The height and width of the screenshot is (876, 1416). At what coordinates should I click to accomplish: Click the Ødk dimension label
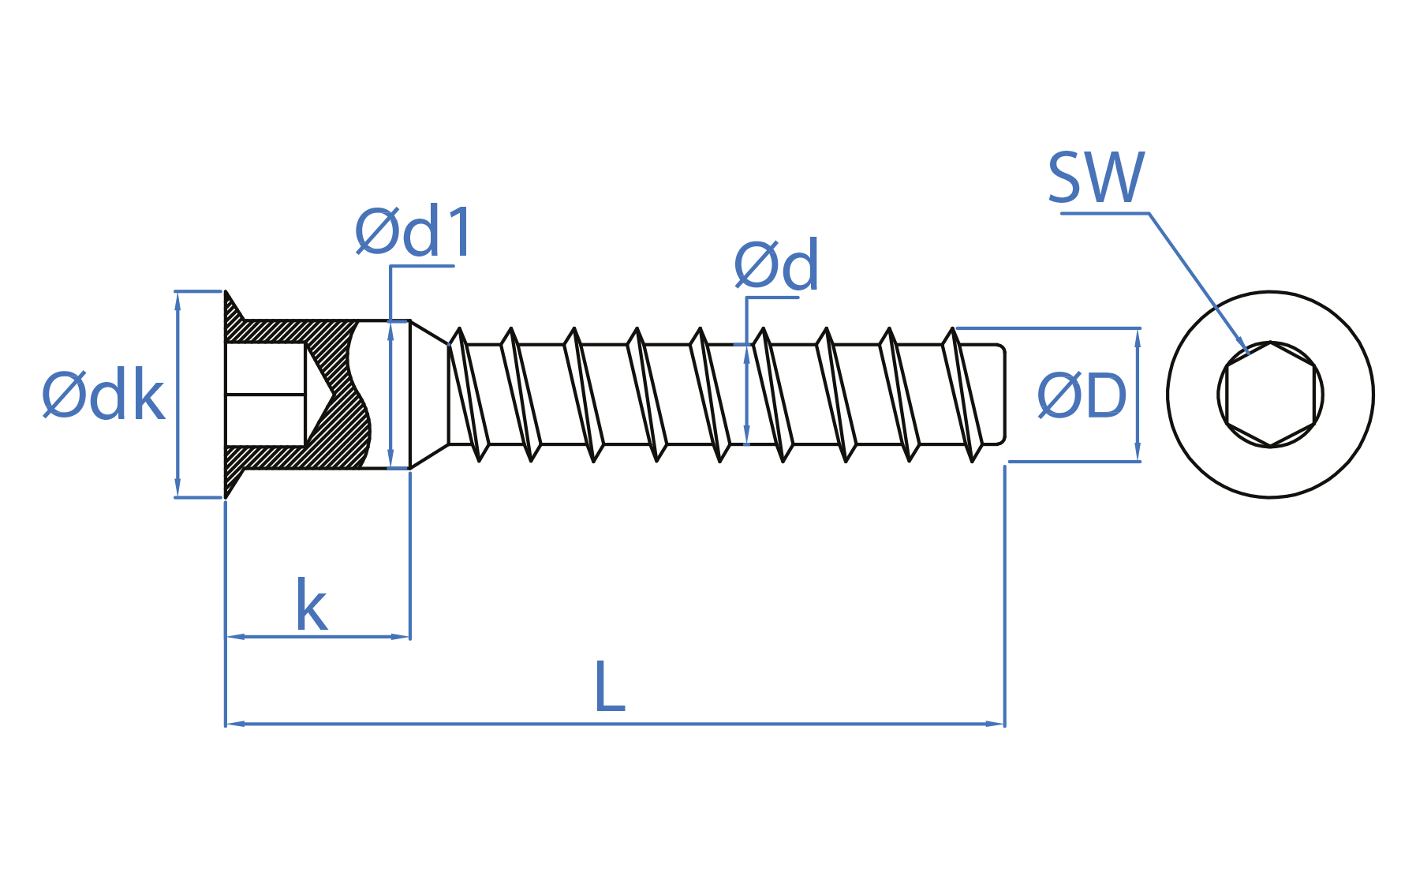tap(103, 395)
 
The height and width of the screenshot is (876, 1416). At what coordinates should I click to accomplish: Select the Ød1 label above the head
tap(413, 232)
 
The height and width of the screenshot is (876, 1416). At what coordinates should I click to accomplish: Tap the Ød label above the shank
tap(776, 266)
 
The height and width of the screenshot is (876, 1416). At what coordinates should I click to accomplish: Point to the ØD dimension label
tap(1082, 395)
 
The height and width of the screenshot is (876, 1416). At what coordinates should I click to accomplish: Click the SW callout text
tap(1096, 178)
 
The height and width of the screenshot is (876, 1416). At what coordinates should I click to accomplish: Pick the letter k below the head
tap(311, 606)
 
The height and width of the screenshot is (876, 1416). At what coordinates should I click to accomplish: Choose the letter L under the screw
tap(610, 687)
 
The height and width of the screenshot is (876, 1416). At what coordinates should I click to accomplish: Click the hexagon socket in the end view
tap(1270, 395)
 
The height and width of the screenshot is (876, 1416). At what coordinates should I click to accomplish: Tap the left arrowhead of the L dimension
tap(234, 723)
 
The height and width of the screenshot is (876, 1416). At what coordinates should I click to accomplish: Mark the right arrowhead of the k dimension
tap(402, 636)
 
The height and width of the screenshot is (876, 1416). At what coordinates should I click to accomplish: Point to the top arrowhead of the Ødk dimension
tap(177, 300)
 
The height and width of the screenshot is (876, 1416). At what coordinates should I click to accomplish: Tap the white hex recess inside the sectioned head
tap(265, 395)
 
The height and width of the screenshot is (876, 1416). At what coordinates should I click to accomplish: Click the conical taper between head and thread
tap(429, 395)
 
